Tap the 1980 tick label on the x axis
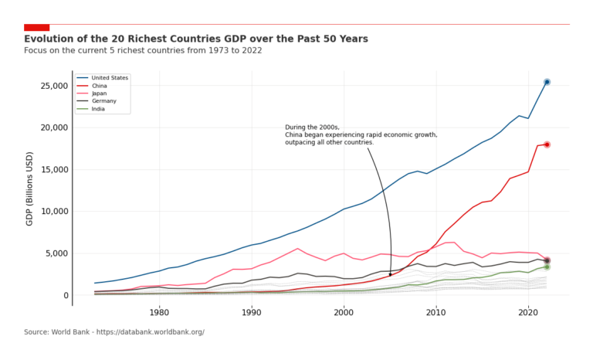tap(159, 312)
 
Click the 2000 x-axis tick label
tap(344, 312)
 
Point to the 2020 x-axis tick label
tap(528, 312)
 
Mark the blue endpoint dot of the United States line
tap(547, 82)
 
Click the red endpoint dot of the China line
tap(547, 144)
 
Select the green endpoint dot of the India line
tap(547, 267)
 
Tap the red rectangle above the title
tap(36, 28)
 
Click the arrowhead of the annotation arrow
tap(390, 274)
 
